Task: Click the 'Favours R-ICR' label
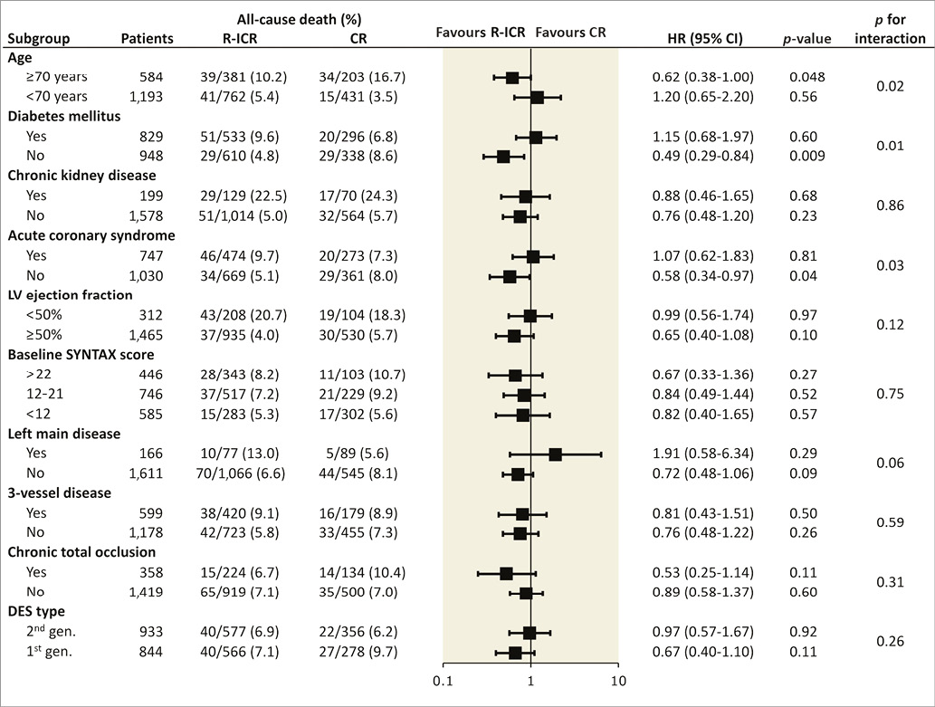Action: point(481,32)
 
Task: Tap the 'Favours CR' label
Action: point(570,32)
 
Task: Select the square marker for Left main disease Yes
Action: point(555,454)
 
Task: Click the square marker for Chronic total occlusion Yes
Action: point(506,573)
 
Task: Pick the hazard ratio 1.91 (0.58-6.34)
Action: point(702,454)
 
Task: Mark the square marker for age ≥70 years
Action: point(512,78)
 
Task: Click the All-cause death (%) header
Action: point(288,18)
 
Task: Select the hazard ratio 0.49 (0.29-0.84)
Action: point(702,156)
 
